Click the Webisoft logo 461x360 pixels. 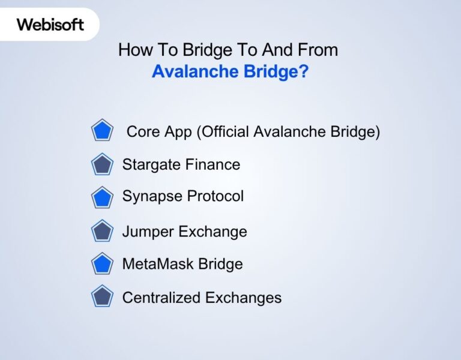click(x=50, y=25)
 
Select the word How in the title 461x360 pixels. click(x=131, y=49)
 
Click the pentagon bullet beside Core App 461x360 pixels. click(x=102, y=131)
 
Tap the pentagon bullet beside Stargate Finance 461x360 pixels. click(x=102, y=164)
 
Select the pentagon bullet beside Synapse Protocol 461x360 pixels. click(x=102, y=197)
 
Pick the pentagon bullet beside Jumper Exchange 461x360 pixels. click(x=102, y=231)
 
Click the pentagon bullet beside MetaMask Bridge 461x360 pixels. click(x=102, y=263)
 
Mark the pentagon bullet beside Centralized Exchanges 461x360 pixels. click(x=102, y=296)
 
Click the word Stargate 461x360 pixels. click(x=148, y=165)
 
